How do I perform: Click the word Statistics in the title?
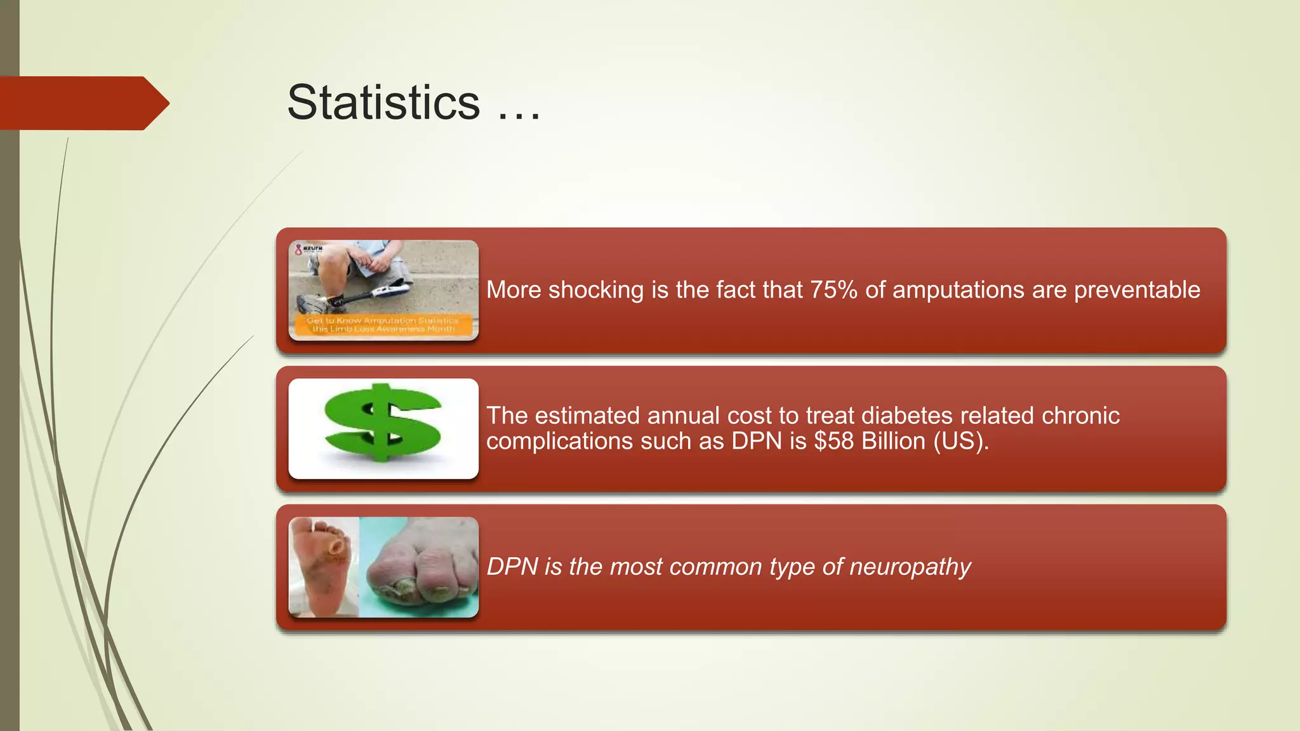(x=383, y=103)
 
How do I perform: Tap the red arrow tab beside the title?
(x=83, y=103)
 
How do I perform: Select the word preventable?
(x=1137, y=290)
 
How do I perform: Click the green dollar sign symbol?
(x=383, y=423)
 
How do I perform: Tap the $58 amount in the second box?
(x=834, y=441)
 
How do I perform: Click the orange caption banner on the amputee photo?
(x=383, y=325)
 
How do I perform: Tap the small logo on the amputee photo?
(x=309, y=249)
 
